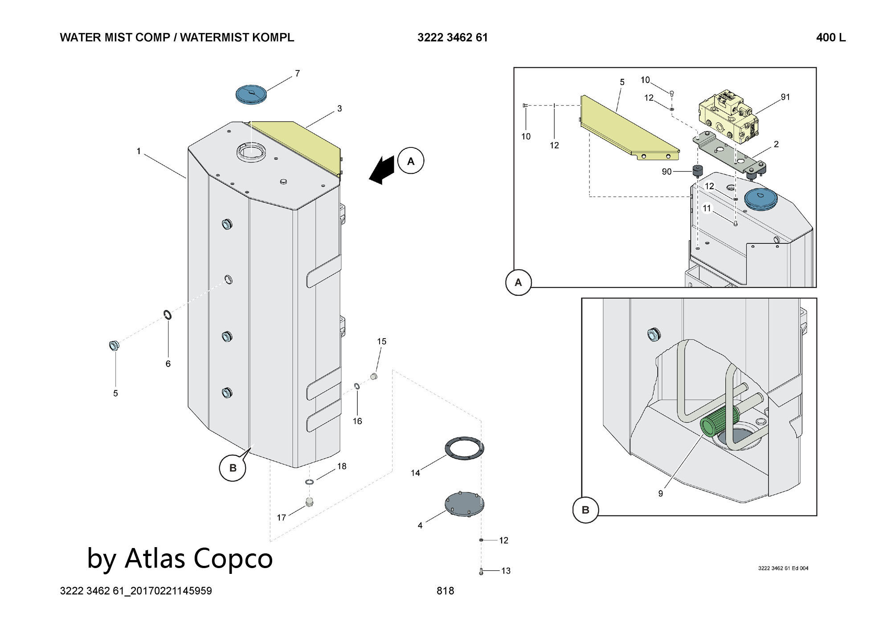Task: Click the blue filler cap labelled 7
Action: (250, 95)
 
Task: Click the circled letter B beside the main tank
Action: (233, 468)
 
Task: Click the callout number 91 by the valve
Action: (785, 97)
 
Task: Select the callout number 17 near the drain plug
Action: (281, 517)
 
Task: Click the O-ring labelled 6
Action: (168, 315)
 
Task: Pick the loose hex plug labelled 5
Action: (114, 345)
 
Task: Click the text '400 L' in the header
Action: (830, 38)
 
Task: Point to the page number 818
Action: (445, 591)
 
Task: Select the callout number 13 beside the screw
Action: (506, 571)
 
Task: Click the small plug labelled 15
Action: (374, 376)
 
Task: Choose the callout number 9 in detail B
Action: (660, 493)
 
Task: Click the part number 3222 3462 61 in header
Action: (452, 38)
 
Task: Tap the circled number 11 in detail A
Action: (707, 208)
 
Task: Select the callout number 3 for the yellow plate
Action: (339, 108)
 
